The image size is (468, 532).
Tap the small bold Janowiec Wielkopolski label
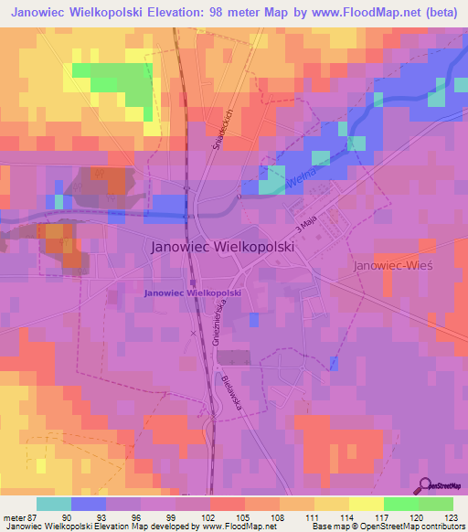coord(193,292)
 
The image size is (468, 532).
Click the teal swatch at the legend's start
coord(54,504)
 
